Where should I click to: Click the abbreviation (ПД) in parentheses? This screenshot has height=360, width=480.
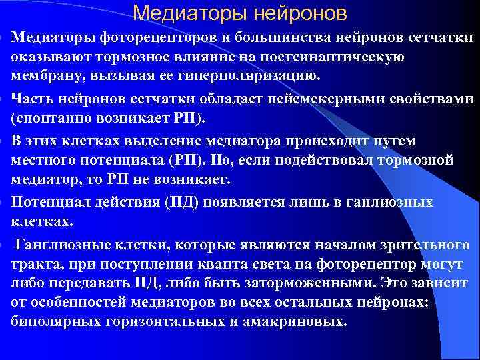click(173, 203)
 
